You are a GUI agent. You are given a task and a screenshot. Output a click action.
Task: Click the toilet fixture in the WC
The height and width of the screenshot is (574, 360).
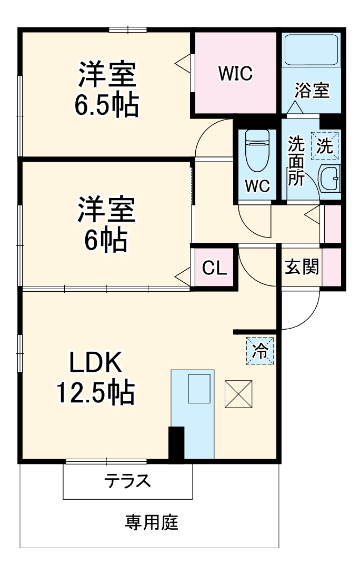[257, 150]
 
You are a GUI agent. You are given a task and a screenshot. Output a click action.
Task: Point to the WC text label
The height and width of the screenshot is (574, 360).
[258, 185]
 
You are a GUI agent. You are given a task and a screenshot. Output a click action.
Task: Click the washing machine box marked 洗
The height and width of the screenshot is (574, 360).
[325, 146]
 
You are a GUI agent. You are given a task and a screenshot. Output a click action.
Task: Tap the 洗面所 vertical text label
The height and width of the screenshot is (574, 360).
[296, 161]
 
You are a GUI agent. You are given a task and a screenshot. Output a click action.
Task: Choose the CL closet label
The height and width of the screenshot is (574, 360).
[215, 268]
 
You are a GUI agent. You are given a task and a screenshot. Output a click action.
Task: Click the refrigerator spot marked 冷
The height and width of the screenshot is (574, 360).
[260, 350]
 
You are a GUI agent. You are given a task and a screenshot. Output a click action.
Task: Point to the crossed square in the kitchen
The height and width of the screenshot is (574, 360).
[238, 393]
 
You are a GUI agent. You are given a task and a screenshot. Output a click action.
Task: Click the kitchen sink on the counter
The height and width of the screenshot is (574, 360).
[199, 389]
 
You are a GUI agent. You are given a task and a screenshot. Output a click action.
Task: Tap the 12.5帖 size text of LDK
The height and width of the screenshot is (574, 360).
[96, 391]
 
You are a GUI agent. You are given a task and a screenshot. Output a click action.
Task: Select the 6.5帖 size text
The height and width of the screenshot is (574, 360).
[107, 106]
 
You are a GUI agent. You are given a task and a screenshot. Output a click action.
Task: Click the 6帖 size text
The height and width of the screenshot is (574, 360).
[106, 240]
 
